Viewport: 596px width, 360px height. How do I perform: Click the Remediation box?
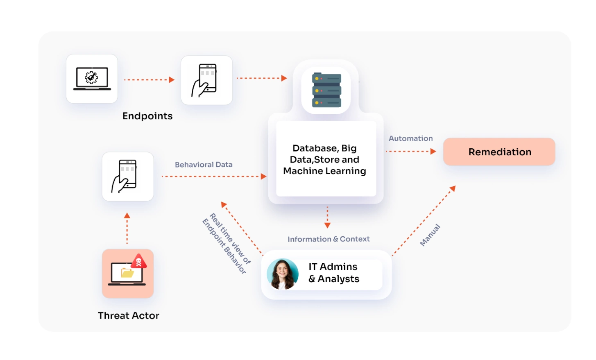click(499, 152)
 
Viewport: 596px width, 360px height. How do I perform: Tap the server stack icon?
click(326, 90)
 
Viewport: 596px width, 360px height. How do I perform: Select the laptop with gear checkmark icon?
click(92, 78)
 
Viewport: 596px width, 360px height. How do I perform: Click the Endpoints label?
click(147, 116)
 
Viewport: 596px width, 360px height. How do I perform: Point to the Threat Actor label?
click(128, 315)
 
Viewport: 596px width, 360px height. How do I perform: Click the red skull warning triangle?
click(139, 261)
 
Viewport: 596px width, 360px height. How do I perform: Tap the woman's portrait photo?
click(282, 274)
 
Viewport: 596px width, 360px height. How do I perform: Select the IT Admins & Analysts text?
click(333, 273)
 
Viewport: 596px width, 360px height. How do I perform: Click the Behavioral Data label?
click(204, 165)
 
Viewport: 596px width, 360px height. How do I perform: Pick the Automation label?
click(410, 138)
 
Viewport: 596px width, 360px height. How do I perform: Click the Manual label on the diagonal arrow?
click(430, 235)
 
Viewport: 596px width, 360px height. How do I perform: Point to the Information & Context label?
click(329, 239)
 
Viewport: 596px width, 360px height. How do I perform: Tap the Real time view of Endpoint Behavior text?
click(227, 243)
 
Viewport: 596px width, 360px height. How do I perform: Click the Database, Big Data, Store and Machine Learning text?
click(324, 160)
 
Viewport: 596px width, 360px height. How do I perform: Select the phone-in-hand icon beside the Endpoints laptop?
click(206, 80)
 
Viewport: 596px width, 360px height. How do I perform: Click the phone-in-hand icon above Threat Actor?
click(127, 177)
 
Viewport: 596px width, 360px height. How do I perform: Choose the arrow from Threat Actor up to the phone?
click(127, 229)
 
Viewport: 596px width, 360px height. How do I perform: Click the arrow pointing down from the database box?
click(327, 217)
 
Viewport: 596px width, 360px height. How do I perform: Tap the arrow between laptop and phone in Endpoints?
click(149, 80)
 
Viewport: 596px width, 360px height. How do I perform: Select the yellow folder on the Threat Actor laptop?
click(127, 273)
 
